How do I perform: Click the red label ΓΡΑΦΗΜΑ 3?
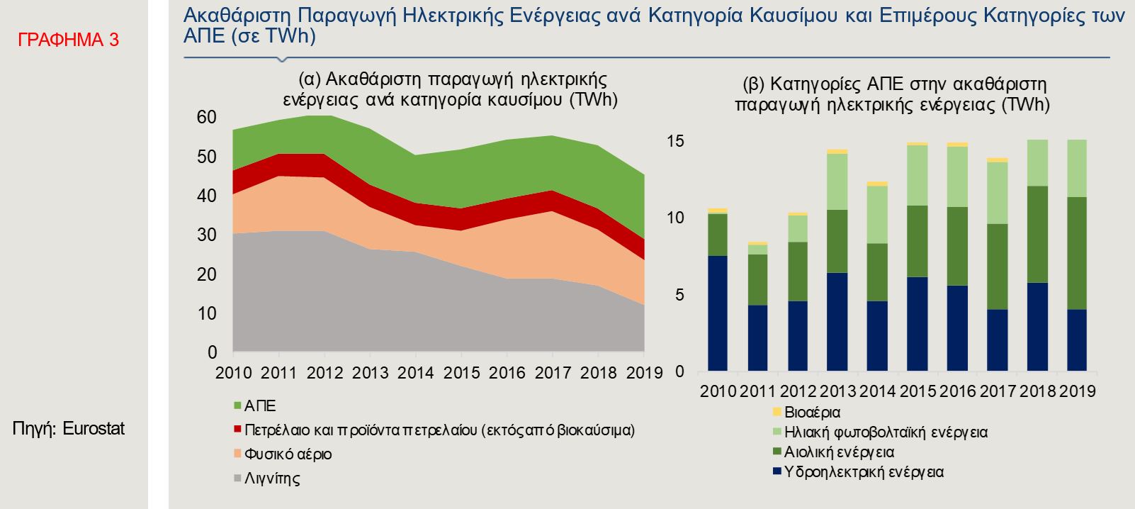point(68,40)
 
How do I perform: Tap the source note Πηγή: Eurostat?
point(69,429)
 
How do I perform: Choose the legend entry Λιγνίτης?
point(272,478)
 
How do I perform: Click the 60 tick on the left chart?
point(207,117)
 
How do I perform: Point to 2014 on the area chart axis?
point(416,373)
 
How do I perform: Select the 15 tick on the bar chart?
point(675,141)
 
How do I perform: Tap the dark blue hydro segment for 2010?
point(718,313)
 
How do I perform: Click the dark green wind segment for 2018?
point(1037,234)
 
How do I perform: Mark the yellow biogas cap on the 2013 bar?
point(837,151)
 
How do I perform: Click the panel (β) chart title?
point(892,94)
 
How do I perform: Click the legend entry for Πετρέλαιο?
point(439,430)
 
